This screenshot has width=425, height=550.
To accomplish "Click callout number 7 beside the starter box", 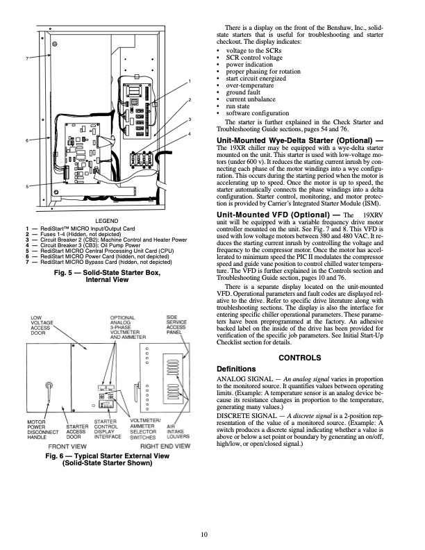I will [x=28, y=57].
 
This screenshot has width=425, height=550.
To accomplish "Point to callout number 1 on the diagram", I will [x=189, y=83].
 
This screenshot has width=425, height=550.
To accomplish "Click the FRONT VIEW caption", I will [x=67, y=445].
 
